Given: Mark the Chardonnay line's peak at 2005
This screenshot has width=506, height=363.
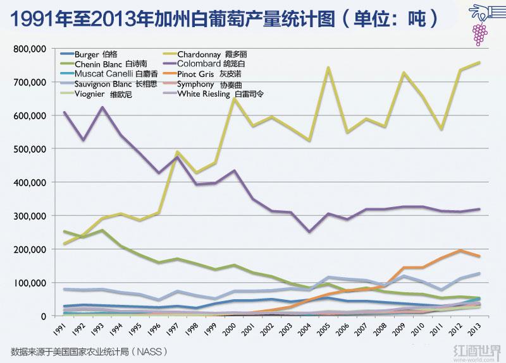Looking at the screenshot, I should click(x=328, y=68).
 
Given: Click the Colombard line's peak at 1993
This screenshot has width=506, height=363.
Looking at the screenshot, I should click(x=103, y=107).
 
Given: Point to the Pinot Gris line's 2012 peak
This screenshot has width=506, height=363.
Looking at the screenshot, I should click(x=460, y=251).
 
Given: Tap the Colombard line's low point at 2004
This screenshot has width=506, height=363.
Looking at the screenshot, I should click(x=309, y=232).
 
